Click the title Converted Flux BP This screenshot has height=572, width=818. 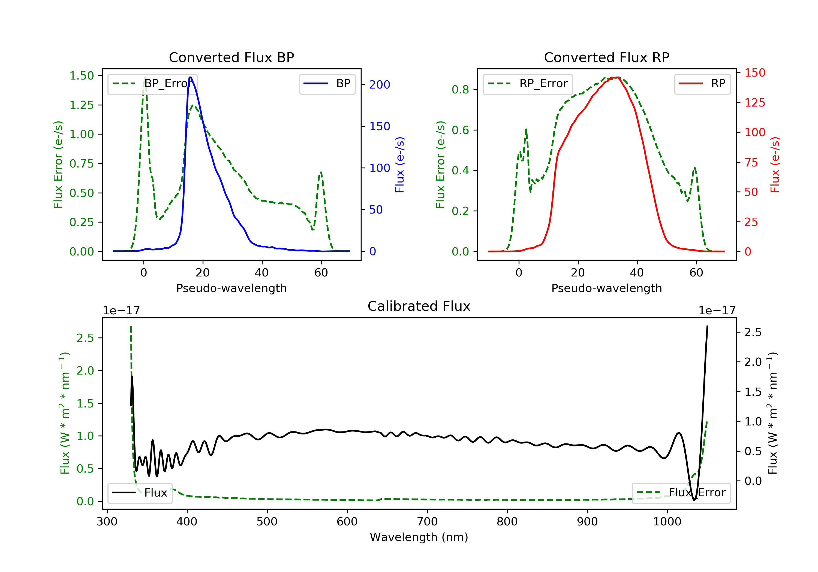(231, 57)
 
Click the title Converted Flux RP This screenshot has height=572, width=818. (606, 57)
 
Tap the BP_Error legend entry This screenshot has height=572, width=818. (152, 84)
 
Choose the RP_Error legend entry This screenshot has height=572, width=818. (528, 84)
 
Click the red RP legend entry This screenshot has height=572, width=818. (702, 84)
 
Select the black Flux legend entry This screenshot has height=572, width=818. (140, 493)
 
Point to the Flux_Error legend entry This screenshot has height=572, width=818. (681, 493)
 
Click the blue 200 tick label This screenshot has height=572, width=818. (380, 85)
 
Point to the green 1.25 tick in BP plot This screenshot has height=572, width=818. (82, 105)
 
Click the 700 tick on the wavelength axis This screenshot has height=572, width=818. (427, 522)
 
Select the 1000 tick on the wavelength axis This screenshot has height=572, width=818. (667, 522)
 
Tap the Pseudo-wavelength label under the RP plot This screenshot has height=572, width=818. (606, 288)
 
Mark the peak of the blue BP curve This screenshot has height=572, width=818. (190, 77)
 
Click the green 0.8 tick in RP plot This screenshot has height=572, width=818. (460, 90)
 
